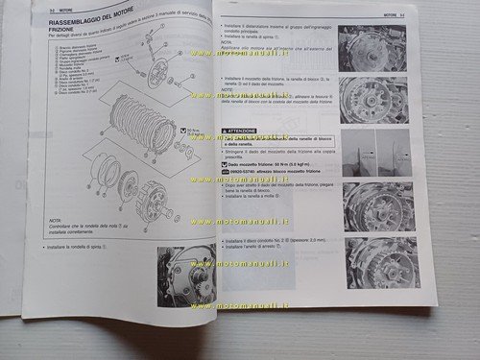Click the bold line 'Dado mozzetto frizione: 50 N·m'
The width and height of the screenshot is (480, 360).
click(x=271, y=165)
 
